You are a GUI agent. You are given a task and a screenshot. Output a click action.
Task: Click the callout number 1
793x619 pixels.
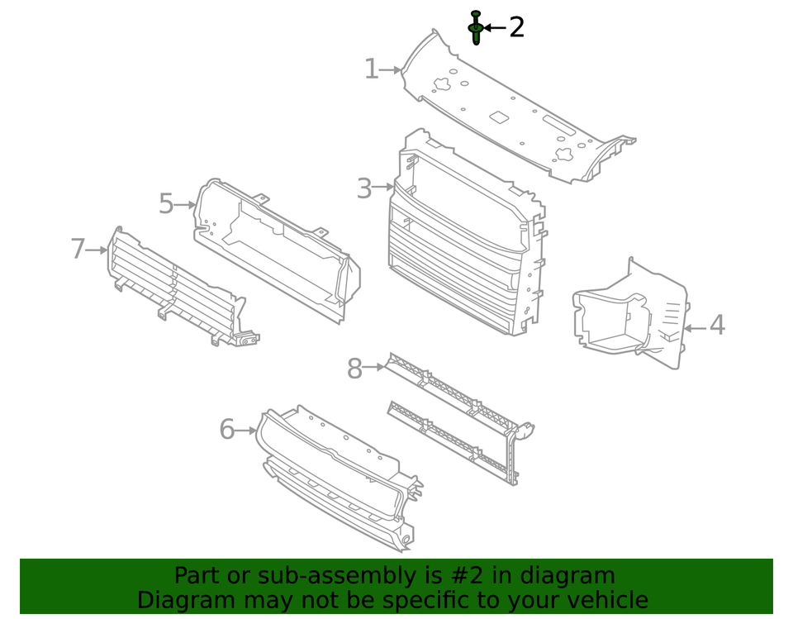372,69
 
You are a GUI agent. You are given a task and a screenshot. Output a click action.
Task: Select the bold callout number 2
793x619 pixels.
516,27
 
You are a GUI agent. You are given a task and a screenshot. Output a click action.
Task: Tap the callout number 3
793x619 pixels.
364,188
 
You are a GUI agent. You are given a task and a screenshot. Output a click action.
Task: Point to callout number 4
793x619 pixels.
717,326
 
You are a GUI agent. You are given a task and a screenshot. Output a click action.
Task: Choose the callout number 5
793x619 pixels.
166,203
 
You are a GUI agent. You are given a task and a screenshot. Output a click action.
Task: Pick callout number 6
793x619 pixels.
227,430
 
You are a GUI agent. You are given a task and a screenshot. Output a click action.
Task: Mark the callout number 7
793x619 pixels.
78,248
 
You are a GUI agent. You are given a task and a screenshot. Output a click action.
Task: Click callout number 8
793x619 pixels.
354,369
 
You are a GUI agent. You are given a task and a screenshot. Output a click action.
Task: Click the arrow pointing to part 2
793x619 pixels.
495,27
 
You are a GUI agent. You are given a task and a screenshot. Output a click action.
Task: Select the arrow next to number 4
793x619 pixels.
694,328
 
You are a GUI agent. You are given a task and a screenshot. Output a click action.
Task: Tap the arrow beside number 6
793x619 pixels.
247,430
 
